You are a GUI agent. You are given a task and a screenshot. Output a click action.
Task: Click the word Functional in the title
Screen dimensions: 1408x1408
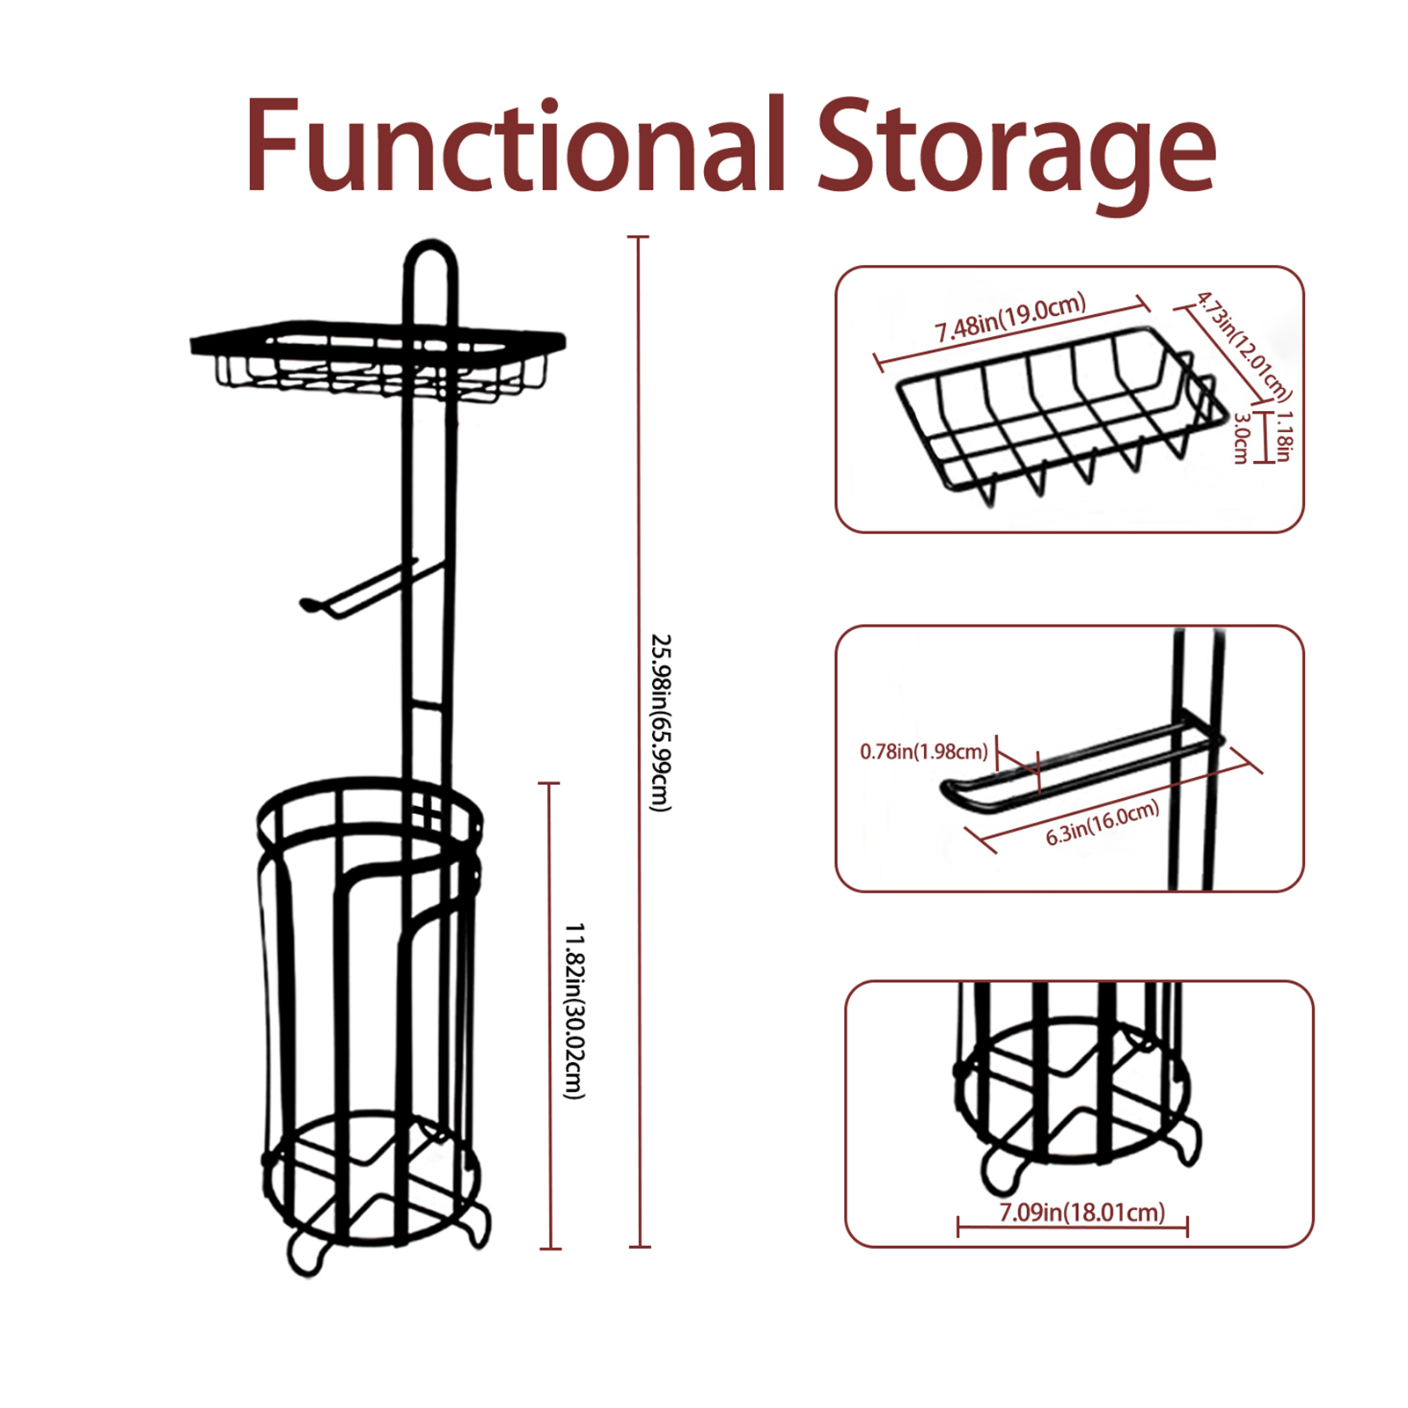tap(515, 145)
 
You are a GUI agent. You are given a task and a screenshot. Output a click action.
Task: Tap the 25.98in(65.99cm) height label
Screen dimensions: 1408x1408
tap(660, 722)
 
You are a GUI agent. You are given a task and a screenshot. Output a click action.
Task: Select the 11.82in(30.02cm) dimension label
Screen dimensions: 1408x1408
tap(574, 1011)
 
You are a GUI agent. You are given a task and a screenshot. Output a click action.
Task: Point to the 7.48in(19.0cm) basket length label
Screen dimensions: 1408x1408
tap(1010, 318)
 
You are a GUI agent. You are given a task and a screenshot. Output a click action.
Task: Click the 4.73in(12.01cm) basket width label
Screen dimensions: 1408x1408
tap(1243, 347)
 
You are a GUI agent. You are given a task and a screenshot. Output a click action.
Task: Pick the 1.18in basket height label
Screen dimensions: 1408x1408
tap(1284, 435)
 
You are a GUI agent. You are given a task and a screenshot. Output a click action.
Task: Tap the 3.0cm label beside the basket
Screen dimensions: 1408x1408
tap(1242, 438)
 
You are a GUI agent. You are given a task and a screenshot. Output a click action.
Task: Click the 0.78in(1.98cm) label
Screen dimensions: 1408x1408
tap(924, 752)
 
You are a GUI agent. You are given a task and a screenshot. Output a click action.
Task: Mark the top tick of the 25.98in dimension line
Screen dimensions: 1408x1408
tap(639, 238)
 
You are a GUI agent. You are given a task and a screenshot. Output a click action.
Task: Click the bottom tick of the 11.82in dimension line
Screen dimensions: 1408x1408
tap(550, 1248)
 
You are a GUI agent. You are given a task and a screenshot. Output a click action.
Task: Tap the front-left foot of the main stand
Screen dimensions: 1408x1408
tap(305, 1254)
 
